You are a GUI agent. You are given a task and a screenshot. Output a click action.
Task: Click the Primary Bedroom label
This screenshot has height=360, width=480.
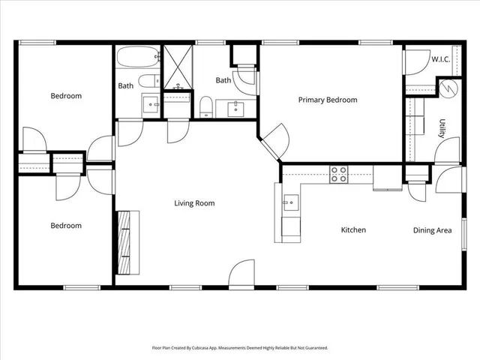(328, 100)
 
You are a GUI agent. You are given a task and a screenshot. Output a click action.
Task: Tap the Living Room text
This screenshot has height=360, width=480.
(194, 203)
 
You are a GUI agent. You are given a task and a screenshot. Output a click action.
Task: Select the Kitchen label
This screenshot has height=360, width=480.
(353, 230)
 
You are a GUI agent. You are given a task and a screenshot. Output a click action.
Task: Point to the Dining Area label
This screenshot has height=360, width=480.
(433, 230)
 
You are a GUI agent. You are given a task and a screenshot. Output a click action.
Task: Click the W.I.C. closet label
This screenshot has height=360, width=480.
(440, 59)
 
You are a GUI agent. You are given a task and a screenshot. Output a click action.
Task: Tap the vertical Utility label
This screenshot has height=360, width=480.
(442, 129)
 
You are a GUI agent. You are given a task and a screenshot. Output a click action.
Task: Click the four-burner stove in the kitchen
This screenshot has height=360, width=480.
(339, 175)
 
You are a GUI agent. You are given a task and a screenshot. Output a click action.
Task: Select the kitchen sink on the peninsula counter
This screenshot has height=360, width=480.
(289, 202)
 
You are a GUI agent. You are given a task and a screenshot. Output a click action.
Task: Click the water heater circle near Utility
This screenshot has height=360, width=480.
(447, 88)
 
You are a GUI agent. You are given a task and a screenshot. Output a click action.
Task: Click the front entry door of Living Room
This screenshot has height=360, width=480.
(242, 274)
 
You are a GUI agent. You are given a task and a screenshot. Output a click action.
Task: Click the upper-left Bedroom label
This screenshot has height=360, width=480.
(66, 96)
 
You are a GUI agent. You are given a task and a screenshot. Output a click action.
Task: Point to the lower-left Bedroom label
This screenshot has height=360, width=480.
(66, 226)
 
